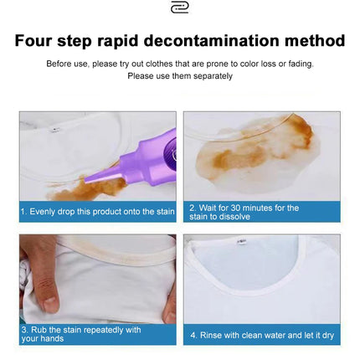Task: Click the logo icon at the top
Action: pos(179,8)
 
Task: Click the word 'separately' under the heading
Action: pos(209,76)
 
